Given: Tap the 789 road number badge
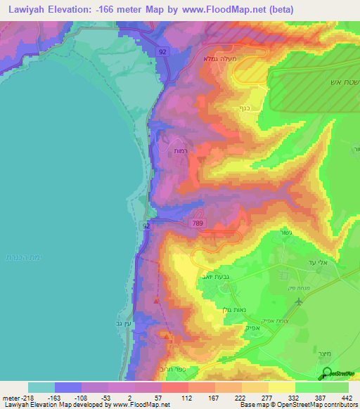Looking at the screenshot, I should tap(198, 223).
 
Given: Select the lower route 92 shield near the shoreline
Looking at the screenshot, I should tap(146, 226).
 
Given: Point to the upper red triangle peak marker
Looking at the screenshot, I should tap(157, 301).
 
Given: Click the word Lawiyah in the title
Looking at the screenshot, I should tap(26, 9).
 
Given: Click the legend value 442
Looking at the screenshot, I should tap(347, 398).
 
